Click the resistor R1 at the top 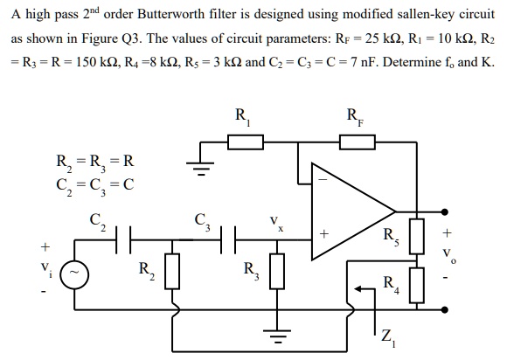[x=242, y=141]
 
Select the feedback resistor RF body [x=352, y=141]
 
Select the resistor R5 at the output [x=418, y=233]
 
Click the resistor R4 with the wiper [x=418, y=284]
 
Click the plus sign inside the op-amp [x=324, y=235]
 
